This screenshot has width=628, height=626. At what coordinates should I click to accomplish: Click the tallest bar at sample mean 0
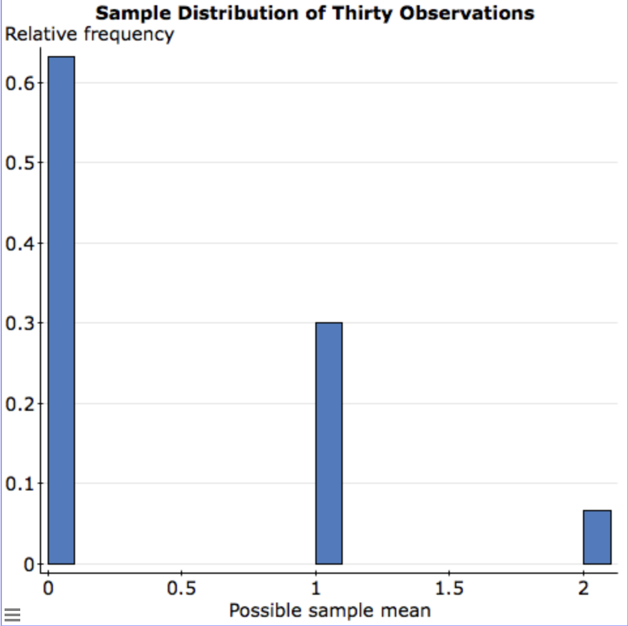click(x=61, y=310)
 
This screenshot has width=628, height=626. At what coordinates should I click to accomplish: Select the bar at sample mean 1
click(x=328, y=443)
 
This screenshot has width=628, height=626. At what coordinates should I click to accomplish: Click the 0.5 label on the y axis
click(x=16, y=163)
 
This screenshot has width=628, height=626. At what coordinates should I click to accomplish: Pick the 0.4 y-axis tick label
click(x=16, y=243)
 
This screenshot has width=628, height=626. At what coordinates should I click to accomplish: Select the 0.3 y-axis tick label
click(x=16, y=323)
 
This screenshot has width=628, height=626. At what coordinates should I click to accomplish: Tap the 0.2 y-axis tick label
click(x=16, y=404)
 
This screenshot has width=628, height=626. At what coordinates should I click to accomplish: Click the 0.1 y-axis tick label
click(x=16, y=484)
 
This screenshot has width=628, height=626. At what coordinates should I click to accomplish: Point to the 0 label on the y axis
click(x=28, y=565)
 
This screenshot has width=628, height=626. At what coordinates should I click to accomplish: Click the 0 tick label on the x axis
click(x=48, y=589)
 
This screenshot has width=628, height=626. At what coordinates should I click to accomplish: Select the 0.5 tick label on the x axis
click(x=181, y=589)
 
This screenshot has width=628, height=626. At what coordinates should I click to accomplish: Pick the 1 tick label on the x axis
click(x=316, y=589)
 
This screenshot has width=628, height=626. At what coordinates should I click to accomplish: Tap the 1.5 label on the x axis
click(x=449, y=589)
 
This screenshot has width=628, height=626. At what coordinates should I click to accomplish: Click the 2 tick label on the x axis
click(x=584, y=589)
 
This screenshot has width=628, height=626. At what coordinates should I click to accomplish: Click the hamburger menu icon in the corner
click(x=13, y=614)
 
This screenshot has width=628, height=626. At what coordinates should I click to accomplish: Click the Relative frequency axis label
click(x=89, y=34)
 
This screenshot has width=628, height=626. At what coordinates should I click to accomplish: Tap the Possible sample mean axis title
click(x=330, y=611)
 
